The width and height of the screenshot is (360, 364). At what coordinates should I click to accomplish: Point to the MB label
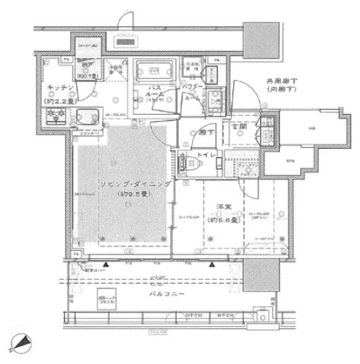(x=310, y=130)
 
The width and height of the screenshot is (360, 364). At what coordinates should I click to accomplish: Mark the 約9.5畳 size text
(x=134, y=193)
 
